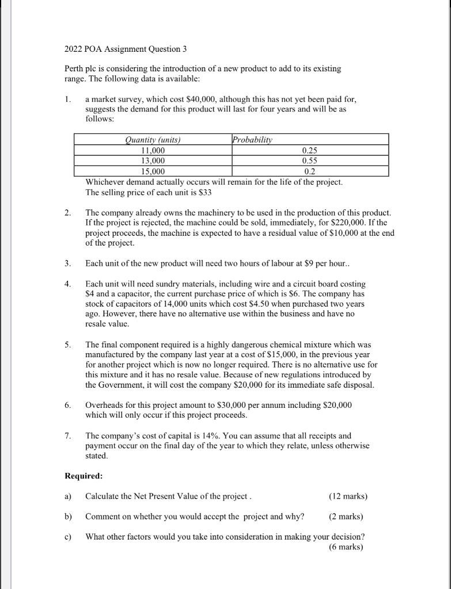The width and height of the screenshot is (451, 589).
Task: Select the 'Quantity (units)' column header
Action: tap(153, 140)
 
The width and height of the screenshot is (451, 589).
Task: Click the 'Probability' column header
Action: tap(252, 140)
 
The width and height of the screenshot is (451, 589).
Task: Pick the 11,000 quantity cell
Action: tap(153, 150)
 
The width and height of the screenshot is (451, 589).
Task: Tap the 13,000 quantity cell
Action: tap(153, 160)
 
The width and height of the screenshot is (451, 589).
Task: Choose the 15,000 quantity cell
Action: tap(153, 171)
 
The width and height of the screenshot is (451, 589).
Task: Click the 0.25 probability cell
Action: tap(310, 150)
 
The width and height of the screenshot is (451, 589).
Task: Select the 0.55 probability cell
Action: tap(310, 160)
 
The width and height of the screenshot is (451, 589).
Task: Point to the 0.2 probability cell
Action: tap(310, 171)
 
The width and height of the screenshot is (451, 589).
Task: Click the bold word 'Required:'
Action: tap(84, 476)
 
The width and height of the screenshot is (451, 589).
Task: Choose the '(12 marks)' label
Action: tap(348, 496)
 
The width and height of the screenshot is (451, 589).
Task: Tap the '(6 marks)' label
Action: tap(346, 547)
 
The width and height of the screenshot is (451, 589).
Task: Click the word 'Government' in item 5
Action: tap(122, 385)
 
